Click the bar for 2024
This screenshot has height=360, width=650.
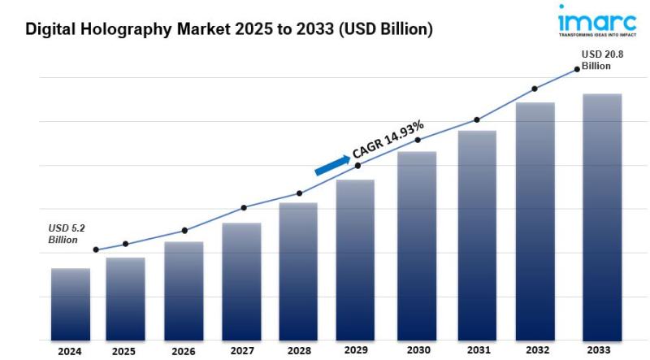click(71, 304)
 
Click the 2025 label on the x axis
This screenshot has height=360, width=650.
click(123, 352)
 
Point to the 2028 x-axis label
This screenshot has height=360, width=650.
click(298, 352)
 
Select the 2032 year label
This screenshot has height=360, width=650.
click(536, 352)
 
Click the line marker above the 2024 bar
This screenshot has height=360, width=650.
click(96, 249)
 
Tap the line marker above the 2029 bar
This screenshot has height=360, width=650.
click(358, 166)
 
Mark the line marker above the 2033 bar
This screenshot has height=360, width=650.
click(578, 69)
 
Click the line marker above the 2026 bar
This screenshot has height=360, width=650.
click(184, 231)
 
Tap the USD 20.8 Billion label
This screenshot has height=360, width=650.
click(601, 59)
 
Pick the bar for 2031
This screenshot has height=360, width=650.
click(477, 235)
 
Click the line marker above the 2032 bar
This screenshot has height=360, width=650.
click(534, 89)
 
